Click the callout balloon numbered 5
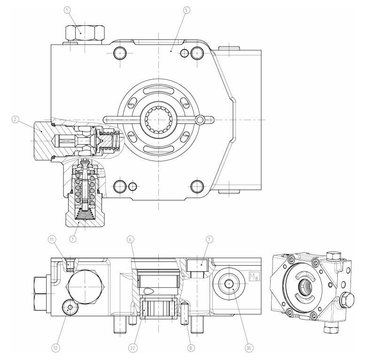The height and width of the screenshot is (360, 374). tap(187, 9)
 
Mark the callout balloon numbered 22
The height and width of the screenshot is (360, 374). tap(132, 347)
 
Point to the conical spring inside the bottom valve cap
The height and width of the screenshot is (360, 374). tap(84, 214)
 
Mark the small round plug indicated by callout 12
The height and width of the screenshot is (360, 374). tap(70, 307)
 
